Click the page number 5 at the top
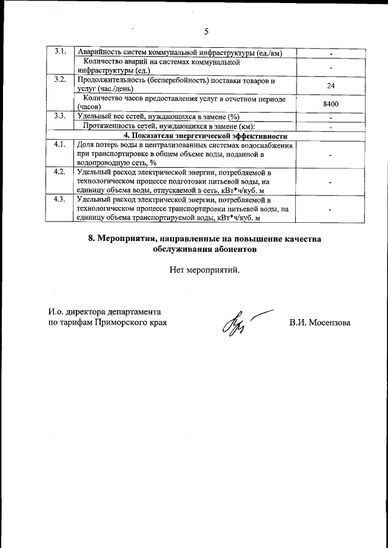click(206, 31)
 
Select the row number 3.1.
click(59, 51)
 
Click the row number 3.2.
click(59, 80)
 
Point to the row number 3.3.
click(59, 116)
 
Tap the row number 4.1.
click(59, 145)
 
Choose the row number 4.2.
click(59, 172)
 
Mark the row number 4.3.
click(59, 199)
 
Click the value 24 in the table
click(330, 85)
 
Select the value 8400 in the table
click(330, 104)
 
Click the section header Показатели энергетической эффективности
click(206, 135)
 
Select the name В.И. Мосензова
click(319, 323)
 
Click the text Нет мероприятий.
click(205, 270)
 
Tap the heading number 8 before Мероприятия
click(92, 239)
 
